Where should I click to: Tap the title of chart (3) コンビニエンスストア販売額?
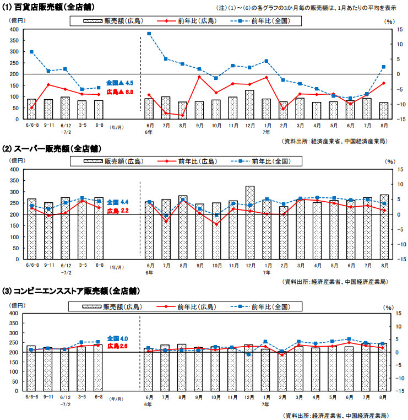tap(72, 290)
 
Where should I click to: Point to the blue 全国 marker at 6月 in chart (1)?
tap(149, 34)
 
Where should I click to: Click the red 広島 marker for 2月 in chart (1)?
tap(284, 109)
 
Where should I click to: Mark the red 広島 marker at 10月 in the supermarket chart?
tap(216, 224)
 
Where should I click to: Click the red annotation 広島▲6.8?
tap(119, 91)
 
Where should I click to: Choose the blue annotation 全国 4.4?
tap(117, 202)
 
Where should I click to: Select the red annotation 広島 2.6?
tap(117, 346)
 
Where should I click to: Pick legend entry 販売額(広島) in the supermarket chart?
tap(114, 161)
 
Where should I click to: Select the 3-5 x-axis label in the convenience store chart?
tap(81, 397)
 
